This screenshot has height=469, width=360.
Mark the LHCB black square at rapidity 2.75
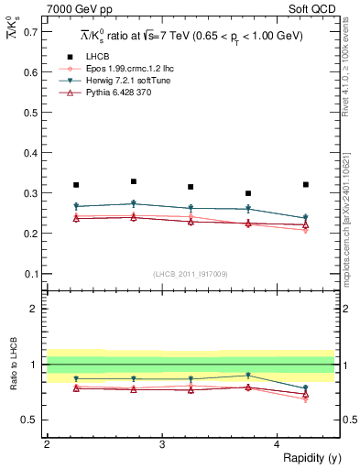[134, 181]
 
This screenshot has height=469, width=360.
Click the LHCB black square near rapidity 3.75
[248, 193]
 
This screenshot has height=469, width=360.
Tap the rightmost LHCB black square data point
[306, 185]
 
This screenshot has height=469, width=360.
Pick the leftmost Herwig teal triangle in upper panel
[76, 206]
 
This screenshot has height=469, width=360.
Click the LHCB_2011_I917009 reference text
[191, 274]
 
